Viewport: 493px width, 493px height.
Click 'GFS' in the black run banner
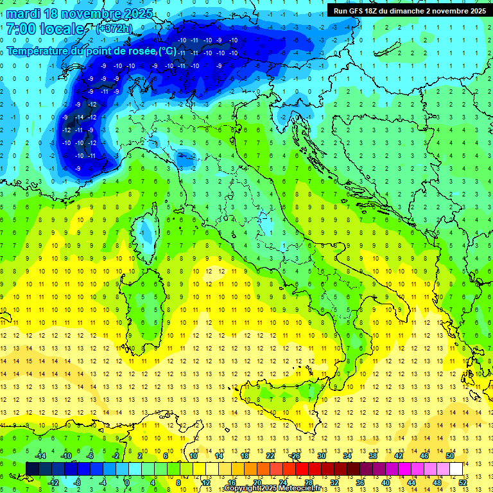coord(361,11)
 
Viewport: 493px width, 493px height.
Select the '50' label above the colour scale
coord(450,455)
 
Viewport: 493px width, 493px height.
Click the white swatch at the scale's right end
coord(456,469)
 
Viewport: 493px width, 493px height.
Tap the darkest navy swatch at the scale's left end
coord(32,469)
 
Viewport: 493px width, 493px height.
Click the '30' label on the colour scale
coord(322,455)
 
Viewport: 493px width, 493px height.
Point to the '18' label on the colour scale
coord(245,455)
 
